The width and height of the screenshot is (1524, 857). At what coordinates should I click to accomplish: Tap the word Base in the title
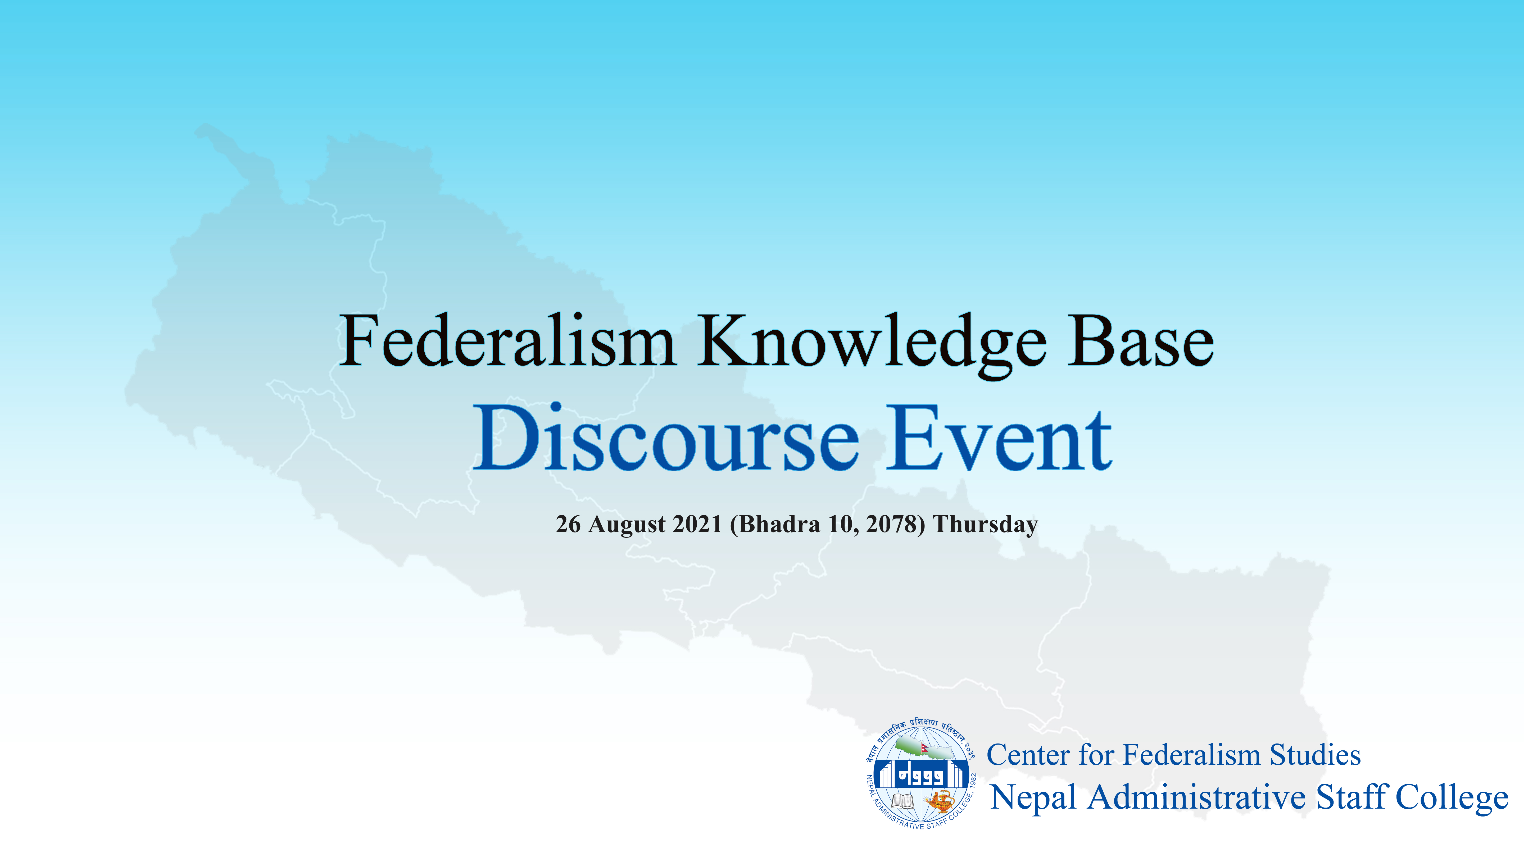coord(1141,341)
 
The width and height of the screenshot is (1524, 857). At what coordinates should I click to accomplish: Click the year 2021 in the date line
coord(697,524)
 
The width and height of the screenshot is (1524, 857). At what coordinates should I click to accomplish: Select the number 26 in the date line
coord(568,524)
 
